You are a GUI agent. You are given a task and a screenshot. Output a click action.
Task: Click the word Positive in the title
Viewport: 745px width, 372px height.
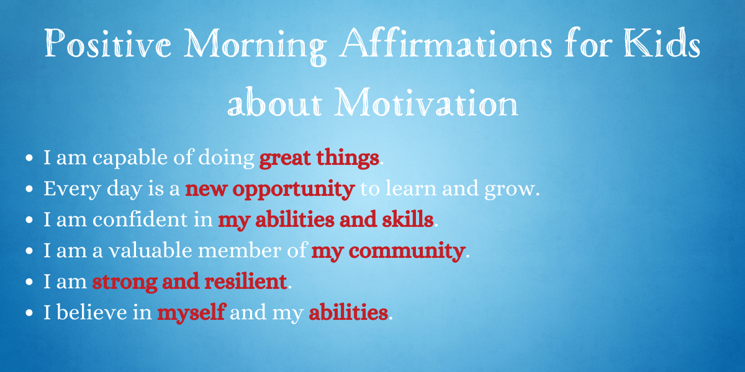pyautogui.click(x=108, y=43)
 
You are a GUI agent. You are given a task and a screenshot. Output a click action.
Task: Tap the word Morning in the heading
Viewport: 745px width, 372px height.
pyautogui.click(x=255, y=46)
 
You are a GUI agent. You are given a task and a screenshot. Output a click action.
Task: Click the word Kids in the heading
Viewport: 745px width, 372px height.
pyautogui.click(x=662, y=43)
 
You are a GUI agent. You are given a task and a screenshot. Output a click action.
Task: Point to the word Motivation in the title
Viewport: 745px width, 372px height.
pyautogui.click(x=426, y=102)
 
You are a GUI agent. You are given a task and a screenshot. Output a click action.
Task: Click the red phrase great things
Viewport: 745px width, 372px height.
pyautogui.click(x=319, y=158)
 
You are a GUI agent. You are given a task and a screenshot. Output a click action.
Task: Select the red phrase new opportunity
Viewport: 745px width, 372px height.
pyautogui.click(x=269, y=189)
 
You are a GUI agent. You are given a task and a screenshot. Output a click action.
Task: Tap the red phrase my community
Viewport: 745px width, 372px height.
pyautogui.click(x=388, y=251)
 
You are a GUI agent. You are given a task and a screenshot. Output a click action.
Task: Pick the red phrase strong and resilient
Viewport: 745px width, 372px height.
pyautogui.click(x=189, y=281)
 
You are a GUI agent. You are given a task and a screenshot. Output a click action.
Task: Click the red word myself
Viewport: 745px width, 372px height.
pyautogui.click(x=192, y=313)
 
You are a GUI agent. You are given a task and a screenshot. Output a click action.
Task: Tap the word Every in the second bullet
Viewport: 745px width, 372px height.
pyautogui.click(x=72, y=189)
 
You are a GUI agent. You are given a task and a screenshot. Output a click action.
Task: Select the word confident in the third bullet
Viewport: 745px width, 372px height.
pyautogui.click(x=140, y=219)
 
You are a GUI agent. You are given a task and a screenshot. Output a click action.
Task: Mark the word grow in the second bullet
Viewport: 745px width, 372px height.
pyautogui.click(x=510, y=190)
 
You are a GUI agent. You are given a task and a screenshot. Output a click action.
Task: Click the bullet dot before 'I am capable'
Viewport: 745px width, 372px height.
pyautogui.click(x=29, y=158)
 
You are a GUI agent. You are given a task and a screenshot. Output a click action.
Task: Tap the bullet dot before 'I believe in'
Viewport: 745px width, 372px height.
pyautogui.click(x=29, y=313)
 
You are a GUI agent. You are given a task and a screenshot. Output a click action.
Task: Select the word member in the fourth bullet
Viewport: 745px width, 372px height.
pyautogui.click(x=240, y=250)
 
